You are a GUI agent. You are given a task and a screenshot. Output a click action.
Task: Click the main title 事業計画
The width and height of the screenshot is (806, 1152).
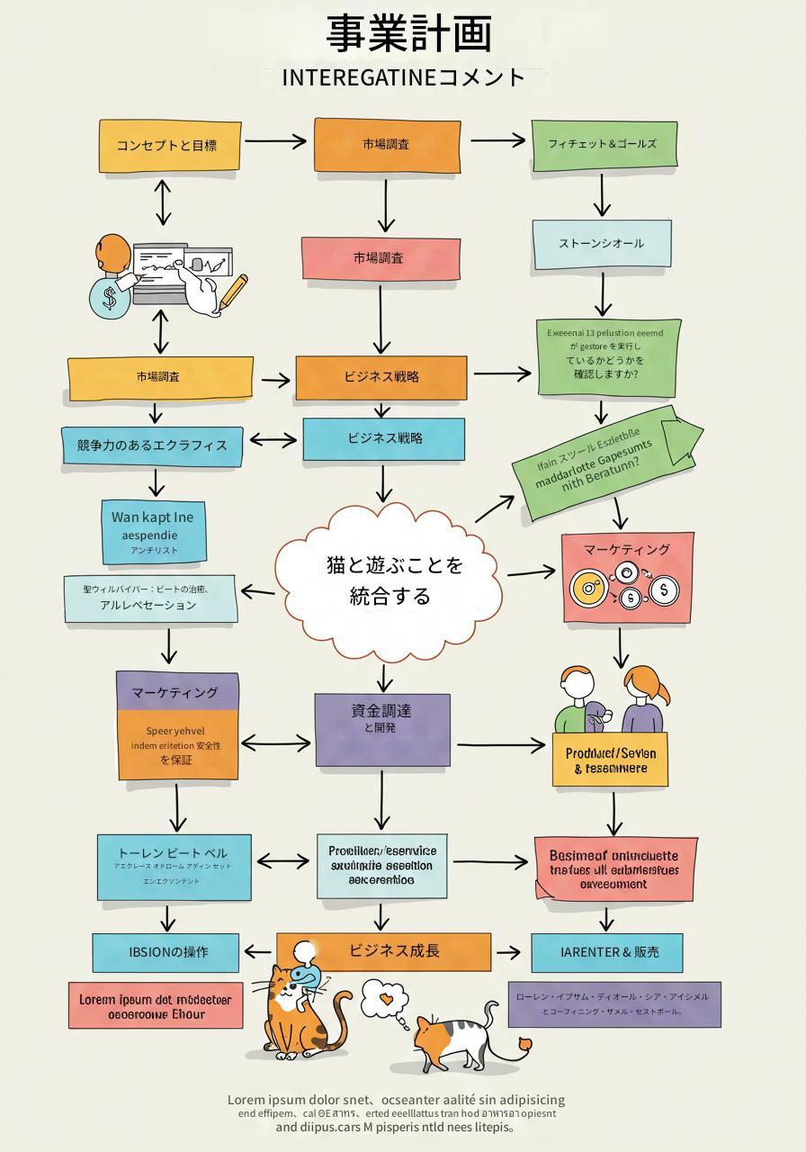[x=408, y=34]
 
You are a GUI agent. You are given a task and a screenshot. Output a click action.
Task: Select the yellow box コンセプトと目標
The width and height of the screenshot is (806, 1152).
[x=169, y=145]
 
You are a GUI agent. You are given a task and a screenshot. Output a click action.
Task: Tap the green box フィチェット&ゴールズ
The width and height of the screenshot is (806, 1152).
[x=604, y=144]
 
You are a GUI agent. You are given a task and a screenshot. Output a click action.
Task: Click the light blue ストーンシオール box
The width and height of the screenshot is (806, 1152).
[x=602, y=244]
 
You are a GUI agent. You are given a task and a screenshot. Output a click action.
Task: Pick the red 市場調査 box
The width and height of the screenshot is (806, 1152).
[x=380, y=258]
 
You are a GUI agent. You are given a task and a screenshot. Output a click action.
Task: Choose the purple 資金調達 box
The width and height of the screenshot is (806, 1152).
[x=382, y=729]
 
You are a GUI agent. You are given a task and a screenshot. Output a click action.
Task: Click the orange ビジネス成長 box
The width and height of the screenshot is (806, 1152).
[x=394, y=951]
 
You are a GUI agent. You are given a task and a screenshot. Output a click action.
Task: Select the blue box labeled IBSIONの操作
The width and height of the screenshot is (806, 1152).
[x=166, y=952]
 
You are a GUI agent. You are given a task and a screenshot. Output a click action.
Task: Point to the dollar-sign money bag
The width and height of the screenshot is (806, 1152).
[x=109, y=297]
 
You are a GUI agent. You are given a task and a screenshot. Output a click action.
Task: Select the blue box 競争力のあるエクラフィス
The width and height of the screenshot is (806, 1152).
[x=152, y=445]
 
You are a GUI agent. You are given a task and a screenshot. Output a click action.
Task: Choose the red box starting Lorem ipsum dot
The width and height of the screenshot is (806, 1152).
[x=156, y=1006]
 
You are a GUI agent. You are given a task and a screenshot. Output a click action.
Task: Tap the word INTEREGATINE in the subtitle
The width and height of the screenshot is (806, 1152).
[x=359, y=78]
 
